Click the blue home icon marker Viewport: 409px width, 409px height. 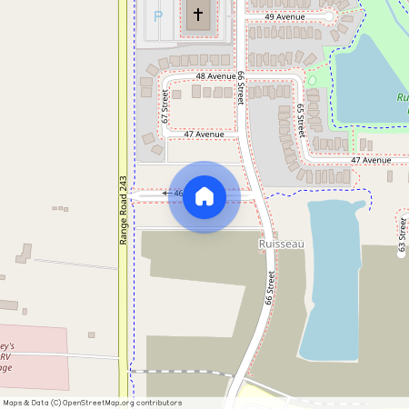[204, 195]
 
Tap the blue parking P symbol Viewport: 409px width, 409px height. [158, 15]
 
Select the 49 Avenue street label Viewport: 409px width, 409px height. [284, 17]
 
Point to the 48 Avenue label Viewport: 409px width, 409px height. [214, 76]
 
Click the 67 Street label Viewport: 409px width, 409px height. [165, 105]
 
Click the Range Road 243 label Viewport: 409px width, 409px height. [124, 209]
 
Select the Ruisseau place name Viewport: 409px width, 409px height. [279, 244]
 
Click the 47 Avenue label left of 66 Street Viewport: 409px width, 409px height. [204, 135]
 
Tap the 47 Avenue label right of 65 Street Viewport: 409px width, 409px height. [370, 160]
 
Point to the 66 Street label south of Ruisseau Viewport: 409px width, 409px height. [270, 287]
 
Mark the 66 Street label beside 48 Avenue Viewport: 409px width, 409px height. [242, 87]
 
